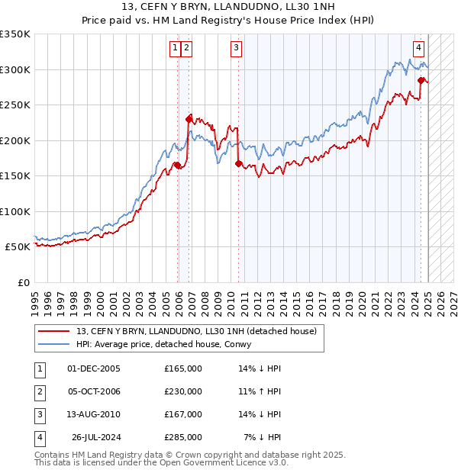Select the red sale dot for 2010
[239, 163]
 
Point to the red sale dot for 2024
[421, 80]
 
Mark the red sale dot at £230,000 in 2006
[189, 119]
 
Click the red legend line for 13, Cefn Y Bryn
[54, 330]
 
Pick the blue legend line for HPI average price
[54, 344]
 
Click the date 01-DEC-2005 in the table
[94, 368]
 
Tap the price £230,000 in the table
[183, 391]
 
